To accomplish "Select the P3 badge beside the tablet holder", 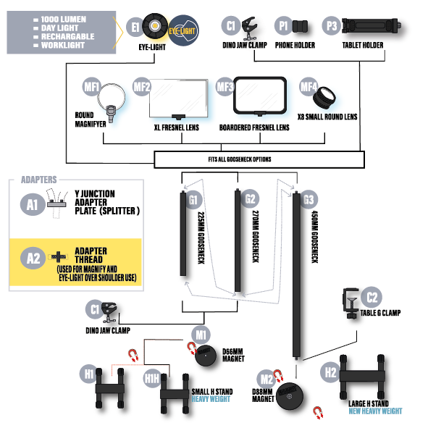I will click(332, 25).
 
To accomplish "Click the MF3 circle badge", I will click(226, 88).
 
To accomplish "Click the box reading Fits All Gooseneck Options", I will click(259, 158).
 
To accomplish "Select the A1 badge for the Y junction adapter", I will click(33, 205).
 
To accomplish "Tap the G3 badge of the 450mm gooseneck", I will click(309, 199).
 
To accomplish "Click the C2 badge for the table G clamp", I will click(372, 296).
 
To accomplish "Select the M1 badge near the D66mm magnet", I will click(201, 335).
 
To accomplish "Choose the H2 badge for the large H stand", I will click(331, 373).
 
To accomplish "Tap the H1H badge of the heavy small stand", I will click(152, 378).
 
